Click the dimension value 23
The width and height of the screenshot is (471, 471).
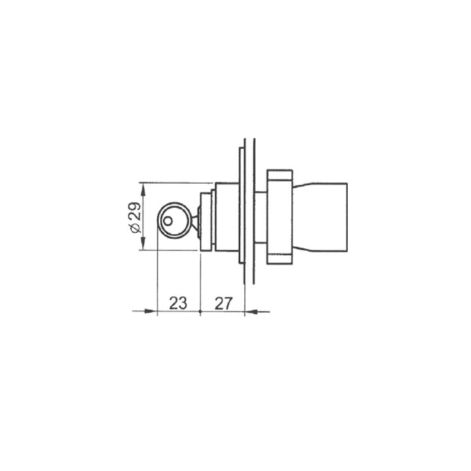click(178, 303)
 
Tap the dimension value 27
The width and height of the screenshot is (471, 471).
click(223, 303)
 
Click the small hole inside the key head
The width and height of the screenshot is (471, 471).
click(168, 221)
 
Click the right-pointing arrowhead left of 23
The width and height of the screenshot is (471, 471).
click(151, 312)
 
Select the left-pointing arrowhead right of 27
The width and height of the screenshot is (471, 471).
click(252, 312)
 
